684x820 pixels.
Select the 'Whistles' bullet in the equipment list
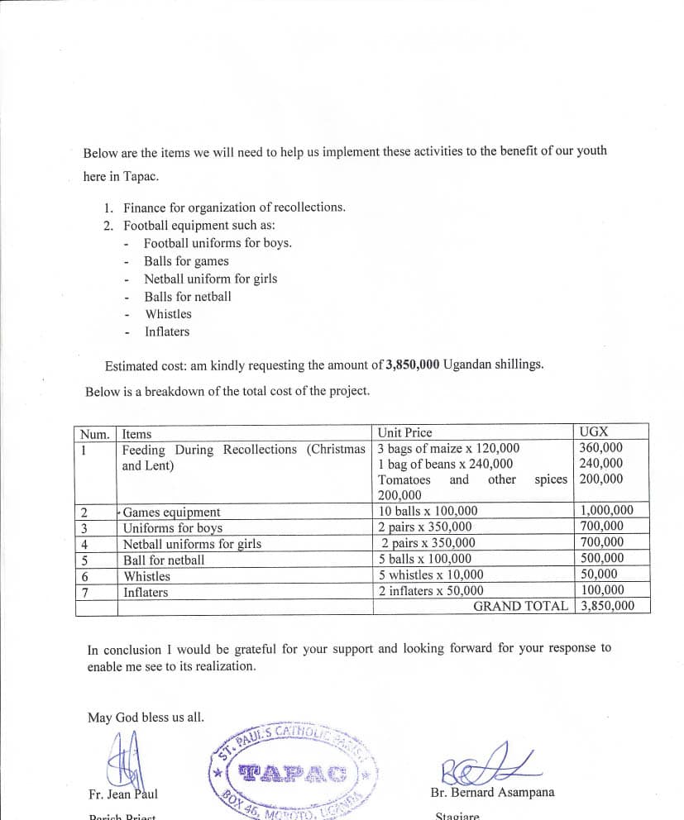click(x=168, y=314)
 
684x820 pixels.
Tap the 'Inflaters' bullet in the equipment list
click(x=167, y=331)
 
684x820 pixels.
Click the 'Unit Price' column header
click(x=404, y=432)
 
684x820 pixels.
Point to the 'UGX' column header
click(x=594, y=431)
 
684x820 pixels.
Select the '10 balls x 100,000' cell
click(x=428, y=511)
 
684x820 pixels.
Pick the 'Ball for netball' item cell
click(x=164, y=560)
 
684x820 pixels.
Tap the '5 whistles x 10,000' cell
click(x=431, y=574)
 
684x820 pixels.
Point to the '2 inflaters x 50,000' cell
click(x=431, y=590)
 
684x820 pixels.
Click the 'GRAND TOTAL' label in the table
click(x=520, y=606)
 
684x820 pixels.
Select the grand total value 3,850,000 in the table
click(x=608, y=606)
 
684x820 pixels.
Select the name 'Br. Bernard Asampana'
click(x=492, y=792)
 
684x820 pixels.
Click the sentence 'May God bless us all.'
click(x=146, y=717)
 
